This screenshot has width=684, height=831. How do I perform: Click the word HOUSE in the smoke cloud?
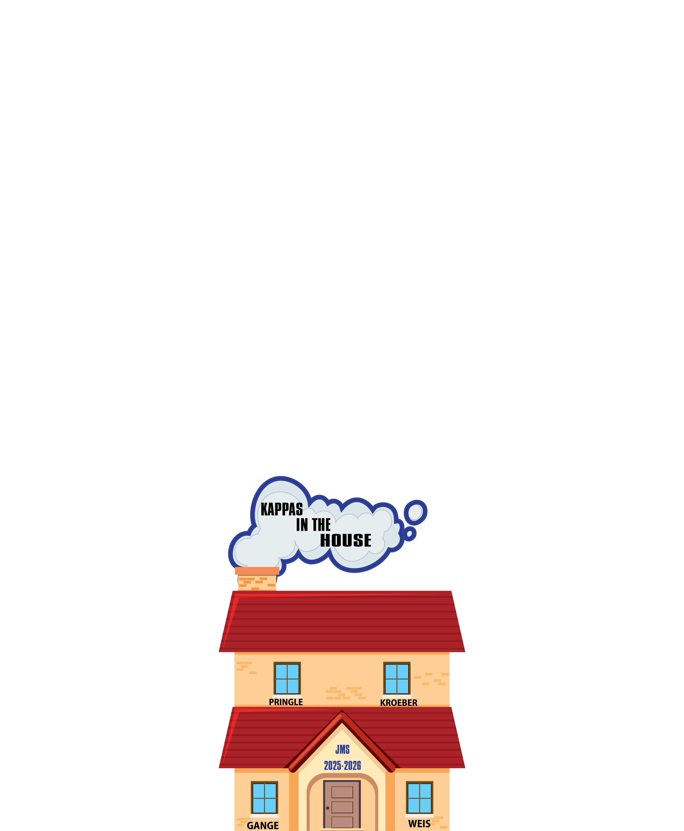click(x=346, y=540)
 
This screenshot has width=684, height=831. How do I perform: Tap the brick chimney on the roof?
click(x=257, y=580)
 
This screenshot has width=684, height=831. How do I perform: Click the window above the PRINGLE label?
click(x=287, y=678)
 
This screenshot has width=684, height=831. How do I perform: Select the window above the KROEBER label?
click(x=397, y=678)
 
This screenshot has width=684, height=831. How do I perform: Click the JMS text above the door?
click(x=342, y=749)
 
